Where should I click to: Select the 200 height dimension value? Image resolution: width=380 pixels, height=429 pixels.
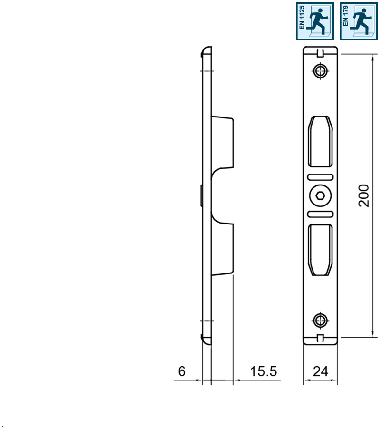point(364,195)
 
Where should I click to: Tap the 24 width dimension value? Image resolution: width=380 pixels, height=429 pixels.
point(321,371)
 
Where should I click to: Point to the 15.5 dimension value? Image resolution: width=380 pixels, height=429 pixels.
point(264,371)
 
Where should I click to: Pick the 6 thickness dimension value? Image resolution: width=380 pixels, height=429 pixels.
point(182,371)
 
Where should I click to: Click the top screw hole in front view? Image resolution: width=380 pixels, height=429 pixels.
point(321,71)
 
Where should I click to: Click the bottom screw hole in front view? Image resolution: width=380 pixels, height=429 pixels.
point(321,320)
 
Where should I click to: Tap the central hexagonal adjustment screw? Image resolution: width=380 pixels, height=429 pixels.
point(321,195)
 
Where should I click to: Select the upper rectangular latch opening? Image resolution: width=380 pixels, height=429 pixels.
point(321,141)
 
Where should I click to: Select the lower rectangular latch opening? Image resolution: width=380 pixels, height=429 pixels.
point(321,250)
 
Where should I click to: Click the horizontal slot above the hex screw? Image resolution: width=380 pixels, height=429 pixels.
point(321,177)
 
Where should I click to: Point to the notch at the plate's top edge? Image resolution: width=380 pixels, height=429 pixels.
point(321,52)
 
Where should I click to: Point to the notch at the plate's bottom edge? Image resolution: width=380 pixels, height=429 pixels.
point(321,338)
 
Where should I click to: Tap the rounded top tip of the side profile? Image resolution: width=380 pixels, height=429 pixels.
point(206,49)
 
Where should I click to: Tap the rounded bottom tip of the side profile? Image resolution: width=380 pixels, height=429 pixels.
point(206,341)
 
